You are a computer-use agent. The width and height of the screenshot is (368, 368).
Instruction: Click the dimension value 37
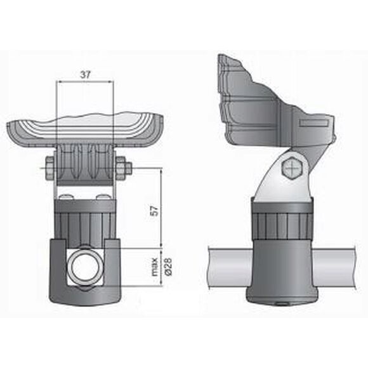[x=85, y=75]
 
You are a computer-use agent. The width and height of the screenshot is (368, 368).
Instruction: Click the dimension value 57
[x=155, y=211]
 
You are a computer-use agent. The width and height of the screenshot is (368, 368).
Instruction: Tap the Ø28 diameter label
[x=169, y=266]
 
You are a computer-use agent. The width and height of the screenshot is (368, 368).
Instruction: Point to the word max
[x=155, y=266]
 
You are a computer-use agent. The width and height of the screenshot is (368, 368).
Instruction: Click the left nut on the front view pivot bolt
[x=49, y=168]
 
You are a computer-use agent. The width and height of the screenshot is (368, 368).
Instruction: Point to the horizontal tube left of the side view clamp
[x=230, y=268]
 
